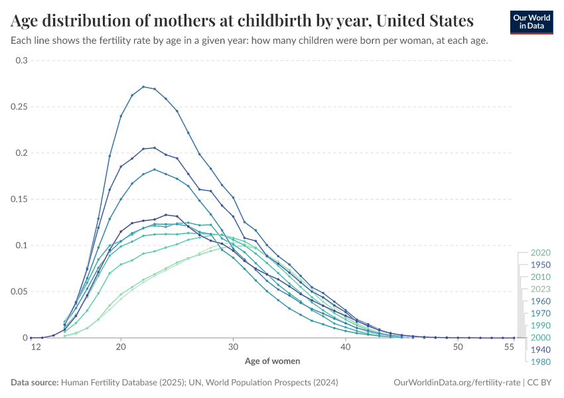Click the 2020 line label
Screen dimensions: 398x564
[x=541, y=253]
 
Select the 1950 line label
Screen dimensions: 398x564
[x=541, y=265]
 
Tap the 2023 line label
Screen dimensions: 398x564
[x=541, y=289]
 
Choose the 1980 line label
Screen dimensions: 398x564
[x=541, y=362]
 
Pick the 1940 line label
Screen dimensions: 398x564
[x=541, y=350]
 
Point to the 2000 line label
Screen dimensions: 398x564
[x=541, y=338]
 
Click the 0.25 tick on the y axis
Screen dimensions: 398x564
[x=20, y=107]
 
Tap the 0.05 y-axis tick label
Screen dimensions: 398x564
[x=20, y=292]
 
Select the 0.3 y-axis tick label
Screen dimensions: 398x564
[x=22, y=60]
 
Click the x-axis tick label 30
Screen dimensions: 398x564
[x=233, y=348]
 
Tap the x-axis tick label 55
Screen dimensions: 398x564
[x=509, y=348]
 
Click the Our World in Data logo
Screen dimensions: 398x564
[x=531, y=22]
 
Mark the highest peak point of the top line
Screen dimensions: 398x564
[x=143, y=86]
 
